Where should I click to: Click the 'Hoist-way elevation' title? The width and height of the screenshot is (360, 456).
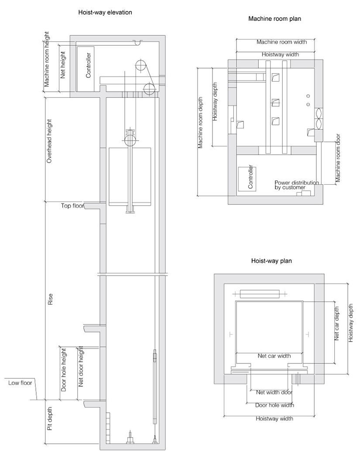[x=105, y=13]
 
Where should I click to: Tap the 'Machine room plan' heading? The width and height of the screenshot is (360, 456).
[x=274, y=19]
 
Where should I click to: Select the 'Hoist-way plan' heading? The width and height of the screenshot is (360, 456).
[x=271, y=261]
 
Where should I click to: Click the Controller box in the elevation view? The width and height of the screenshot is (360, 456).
[x=88, y=68]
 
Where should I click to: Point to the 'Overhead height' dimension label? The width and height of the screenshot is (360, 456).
[x=49, y=141]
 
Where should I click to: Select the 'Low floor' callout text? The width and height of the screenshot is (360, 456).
[x=20, y=383]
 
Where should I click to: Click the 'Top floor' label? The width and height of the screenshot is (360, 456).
[x=72, y=205]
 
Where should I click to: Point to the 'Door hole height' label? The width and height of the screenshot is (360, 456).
[x=64, y=369]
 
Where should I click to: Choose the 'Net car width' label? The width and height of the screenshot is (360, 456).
[x=274, y=356]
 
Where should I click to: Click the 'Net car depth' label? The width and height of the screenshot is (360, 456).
[x=337, y=323]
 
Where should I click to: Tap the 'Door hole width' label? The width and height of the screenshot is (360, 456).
[x=274, y=405]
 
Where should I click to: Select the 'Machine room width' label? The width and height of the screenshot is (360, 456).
[x=281, y=42]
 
